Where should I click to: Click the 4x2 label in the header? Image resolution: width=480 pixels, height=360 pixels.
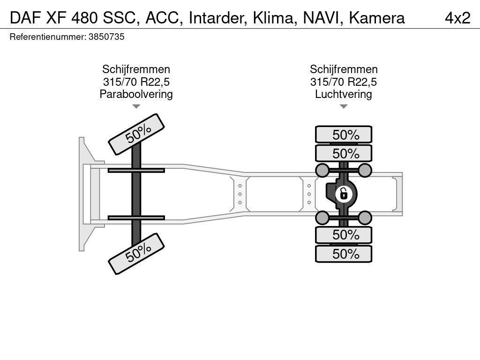click(457, 18)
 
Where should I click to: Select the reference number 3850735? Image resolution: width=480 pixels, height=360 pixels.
click(106, 37)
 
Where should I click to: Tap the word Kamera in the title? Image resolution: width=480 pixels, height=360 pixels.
click(377, 18)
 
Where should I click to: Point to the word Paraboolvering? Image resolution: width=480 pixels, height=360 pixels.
click(136, 94)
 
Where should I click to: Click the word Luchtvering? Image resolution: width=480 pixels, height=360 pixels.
click(344, 94)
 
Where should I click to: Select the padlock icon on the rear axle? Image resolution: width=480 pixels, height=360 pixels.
click(344, 194)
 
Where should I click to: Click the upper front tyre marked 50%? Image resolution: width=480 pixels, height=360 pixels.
click(136, 135)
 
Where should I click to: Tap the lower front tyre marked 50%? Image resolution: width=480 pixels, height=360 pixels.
click(136, 254)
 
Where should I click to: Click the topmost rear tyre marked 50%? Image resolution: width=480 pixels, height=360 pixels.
click(344, 134)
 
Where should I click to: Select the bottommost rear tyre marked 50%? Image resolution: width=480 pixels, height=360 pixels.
click(344, 254)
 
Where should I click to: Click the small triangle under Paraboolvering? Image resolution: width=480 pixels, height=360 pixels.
click(136, 106)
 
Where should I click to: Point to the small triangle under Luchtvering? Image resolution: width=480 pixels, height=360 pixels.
click(344, 106)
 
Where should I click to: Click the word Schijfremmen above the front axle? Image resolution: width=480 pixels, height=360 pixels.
click(136, 69)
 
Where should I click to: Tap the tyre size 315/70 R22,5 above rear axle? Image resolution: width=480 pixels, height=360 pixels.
click(344, 82)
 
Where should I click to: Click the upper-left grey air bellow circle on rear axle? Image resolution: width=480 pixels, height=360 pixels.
click(322, 170)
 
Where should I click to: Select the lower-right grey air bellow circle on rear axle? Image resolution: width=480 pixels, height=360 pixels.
click(365, 218)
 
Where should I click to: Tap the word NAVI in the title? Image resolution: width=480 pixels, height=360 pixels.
click(321, 18)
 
